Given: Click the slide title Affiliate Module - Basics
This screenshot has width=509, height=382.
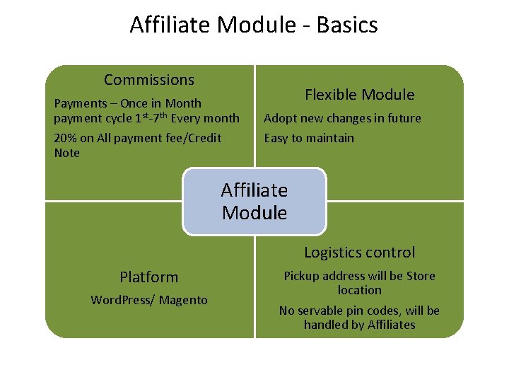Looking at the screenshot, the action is click(254, 25).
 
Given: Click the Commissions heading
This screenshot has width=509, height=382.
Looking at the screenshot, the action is click(148, 80).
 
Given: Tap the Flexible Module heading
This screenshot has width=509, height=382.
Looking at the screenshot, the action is click(359, 95).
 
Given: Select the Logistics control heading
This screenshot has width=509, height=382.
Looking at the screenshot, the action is click(359, 253).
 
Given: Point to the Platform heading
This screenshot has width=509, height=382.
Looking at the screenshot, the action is click(148, 277).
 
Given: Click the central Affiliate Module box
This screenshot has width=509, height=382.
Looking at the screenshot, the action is click(255, 202).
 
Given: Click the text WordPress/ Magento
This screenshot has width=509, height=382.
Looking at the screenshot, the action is click(148, 301).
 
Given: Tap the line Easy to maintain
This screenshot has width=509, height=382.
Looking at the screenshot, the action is click(309, 138).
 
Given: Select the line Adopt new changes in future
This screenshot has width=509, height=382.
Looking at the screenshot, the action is click(342, 118).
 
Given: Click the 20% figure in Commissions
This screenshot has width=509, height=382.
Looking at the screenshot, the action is click(66, 138).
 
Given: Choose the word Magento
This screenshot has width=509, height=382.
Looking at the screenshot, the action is click(183, 301).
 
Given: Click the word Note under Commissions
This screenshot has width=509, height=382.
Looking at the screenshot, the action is click(67, 153).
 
